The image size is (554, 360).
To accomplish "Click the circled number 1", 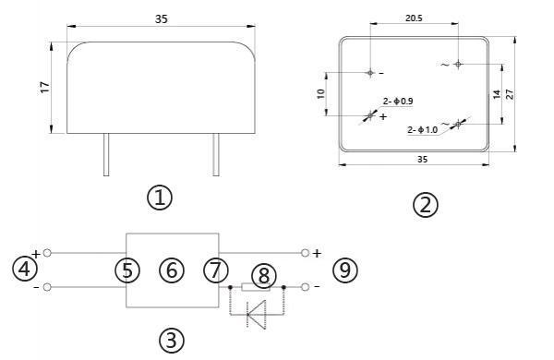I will [x=160, y=197].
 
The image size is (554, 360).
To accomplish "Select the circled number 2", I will [x=424, y=204].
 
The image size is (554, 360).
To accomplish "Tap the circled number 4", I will [x=24, y=270].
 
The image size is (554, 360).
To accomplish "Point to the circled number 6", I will [x=171, y=270].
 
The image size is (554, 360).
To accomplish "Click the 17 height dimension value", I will [x=44, y=87].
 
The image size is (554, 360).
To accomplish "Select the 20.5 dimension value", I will [x=414, y=18].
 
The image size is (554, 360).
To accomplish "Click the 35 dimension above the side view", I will [x=160, y=18].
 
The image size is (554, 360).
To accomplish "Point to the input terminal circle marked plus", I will [x=47, y=252].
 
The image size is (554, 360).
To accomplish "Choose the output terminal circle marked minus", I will [x=305, y=287].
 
